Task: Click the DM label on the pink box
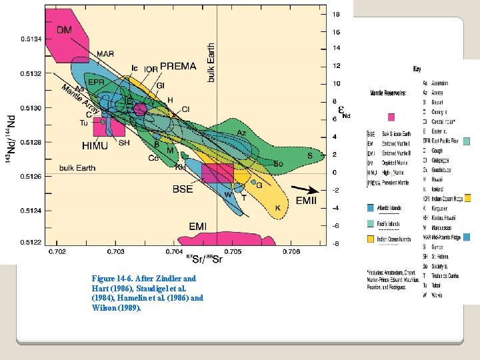(x=64, y=29)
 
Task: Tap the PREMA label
(x=178, y=66)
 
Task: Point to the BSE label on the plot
(x=183, y=189)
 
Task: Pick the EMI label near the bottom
(x=197, y=227)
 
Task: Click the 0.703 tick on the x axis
(x=116, y=252)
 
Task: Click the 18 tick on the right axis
(x=337, y=13)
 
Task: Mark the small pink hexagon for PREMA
(x=140, y=109)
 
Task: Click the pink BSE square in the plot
(x=217, y=173)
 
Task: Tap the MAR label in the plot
(x=105, y=54)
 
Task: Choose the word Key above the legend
(x=417, y=69)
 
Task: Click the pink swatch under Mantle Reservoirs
(x=392, y=117)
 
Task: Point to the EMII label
(x=307, y=200)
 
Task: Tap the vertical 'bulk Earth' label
(x=211, y=62)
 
